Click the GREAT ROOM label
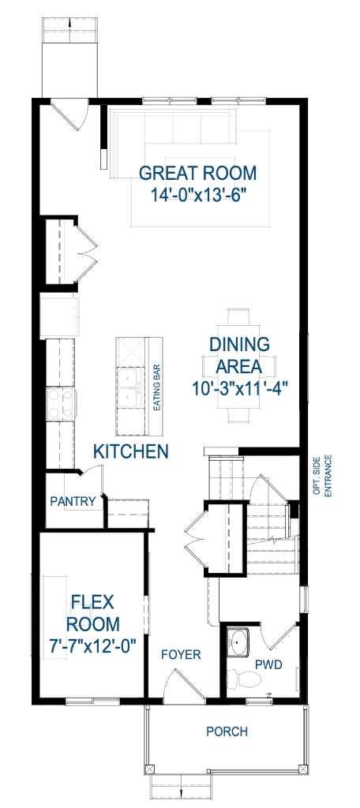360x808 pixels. tap(197, 173)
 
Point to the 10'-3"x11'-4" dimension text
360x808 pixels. tap(239, 387)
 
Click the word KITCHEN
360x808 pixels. tap(131, 452)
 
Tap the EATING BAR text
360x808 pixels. tap(157, 387)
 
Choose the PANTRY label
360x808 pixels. tap(73, 501)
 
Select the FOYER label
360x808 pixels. tap(181, 655)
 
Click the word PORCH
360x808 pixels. tap(227, 732)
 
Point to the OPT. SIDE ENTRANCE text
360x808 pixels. tap(321, 475)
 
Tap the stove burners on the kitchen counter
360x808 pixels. tap(60, 405)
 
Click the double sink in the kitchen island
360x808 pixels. tap(127, 389)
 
